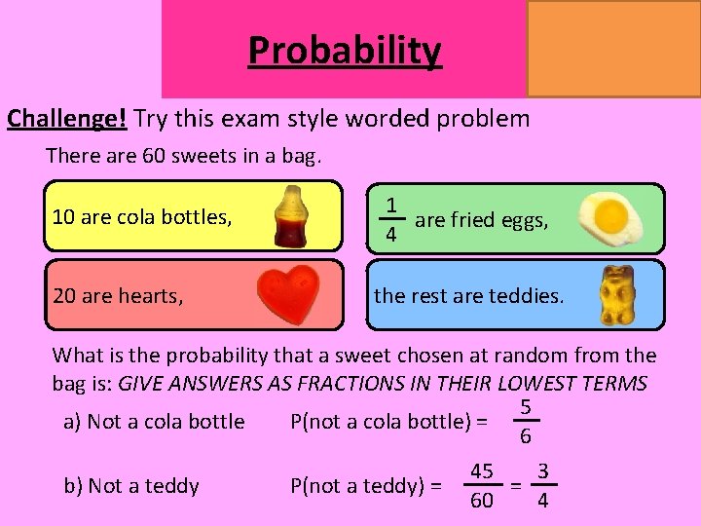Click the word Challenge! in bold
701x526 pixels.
click(x=67, y=119)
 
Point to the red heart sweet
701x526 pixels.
click(x=289, y=295)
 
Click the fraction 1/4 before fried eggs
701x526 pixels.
click(x=389, y=220)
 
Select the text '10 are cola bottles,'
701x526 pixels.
click(x=142, y=217)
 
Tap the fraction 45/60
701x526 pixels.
click(x=481, y=485)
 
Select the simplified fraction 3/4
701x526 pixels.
click(x=543, y=485)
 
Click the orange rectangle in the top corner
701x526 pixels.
click(x=613, y=49)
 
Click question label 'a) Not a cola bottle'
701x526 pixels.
click(x=154, y=422)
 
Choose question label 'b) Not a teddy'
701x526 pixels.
click(x=131, y=485)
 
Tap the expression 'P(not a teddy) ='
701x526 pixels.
click(x=366, y=485)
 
